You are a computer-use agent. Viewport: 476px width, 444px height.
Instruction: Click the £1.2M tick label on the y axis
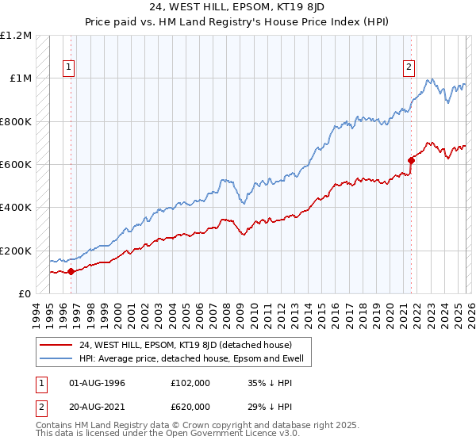[x=17, y=36]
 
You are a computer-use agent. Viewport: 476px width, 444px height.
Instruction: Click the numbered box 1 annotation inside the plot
[x=70, y=68]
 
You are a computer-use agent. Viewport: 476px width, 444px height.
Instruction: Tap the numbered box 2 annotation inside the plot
[x=409, y=68]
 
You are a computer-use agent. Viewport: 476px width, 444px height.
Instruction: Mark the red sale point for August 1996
[x=71, y=271]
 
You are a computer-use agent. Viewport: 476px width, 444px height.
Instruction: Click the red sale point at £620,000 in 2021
[x=411, y=160]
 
